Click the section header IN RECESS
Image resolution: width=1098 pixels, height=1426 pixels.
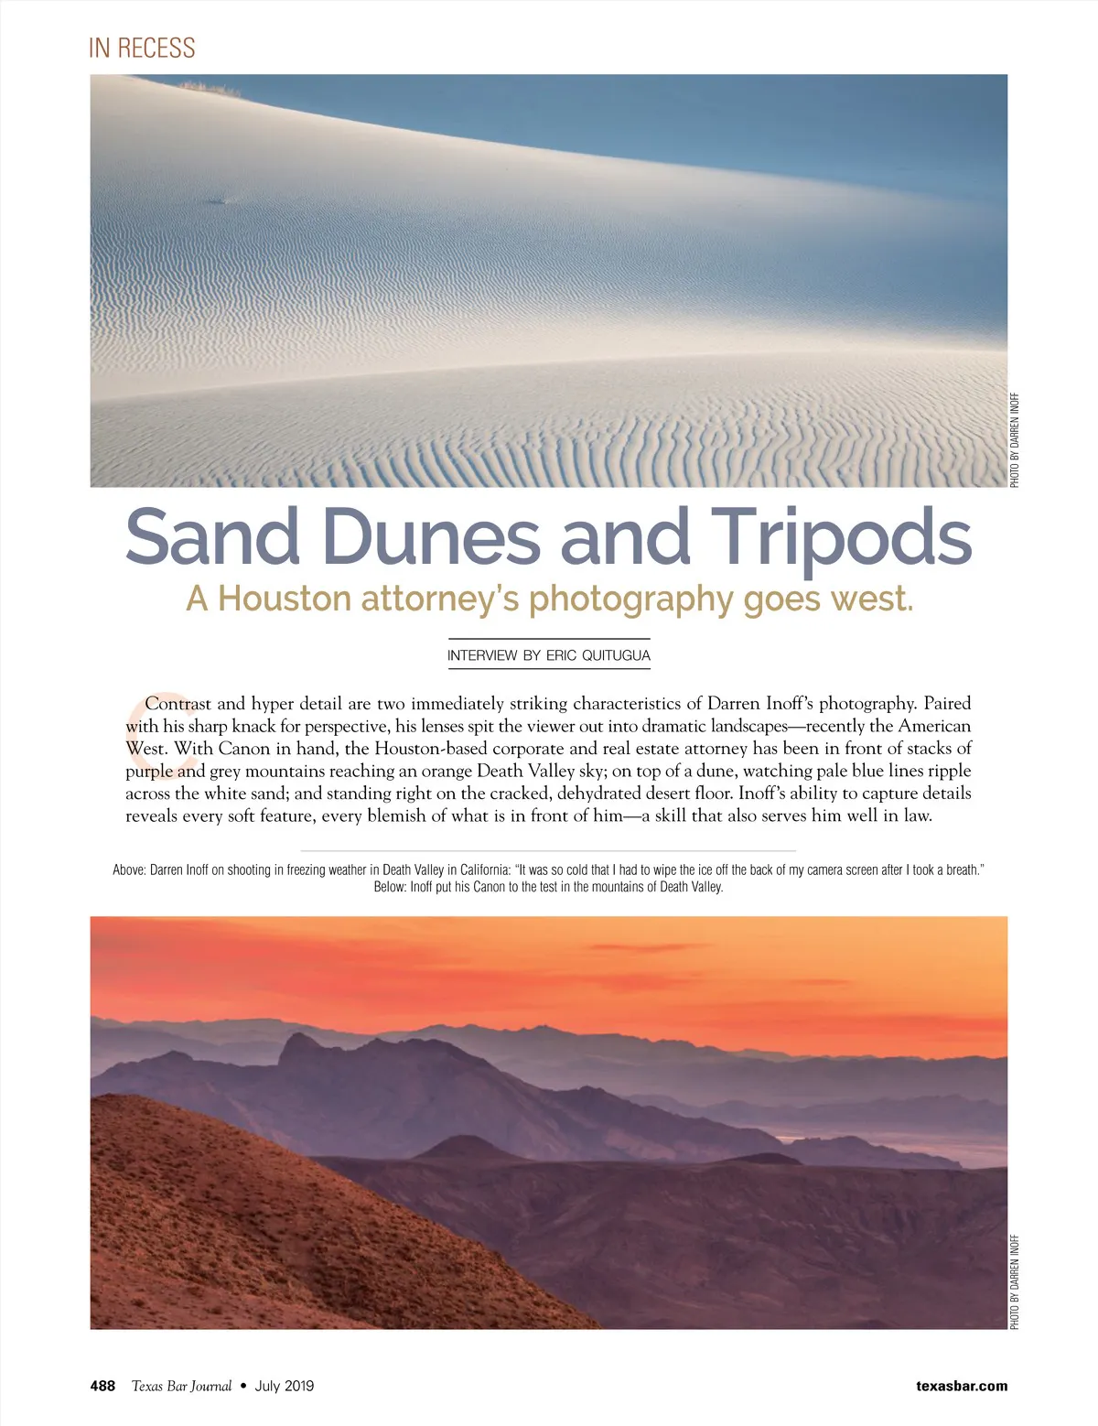coord(142,48)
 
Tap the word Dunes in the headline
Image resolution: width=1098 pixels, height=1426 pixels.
coord(431,537)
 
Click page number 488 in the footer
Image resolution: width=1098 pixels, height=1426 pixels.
coord(102,1386)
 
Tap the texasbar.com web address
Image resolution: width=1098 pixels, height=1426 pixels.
coord(962,1386)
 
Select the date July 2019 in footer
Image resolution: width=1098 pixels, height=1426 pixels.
coord(284,1386)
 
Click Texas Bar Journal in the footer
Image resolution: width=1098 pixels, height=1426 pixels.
coord(181,1386)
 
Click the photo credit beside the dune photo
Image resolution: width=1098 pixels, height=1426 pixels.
coord(1015,440)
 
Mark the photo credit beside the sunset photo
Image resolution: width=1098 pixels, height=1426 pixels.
coord(1015,1281)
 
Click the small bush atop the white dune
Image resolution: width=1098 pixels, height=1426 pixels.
coord(211,88)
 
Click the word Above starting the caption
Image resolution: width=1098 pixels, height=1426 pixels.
coord(128,870)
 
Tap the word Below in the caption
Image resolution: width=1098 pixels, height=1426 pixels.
coord(389,887)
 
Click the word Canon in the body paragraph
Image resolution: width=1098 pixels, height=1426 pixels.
coord(244,749)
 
